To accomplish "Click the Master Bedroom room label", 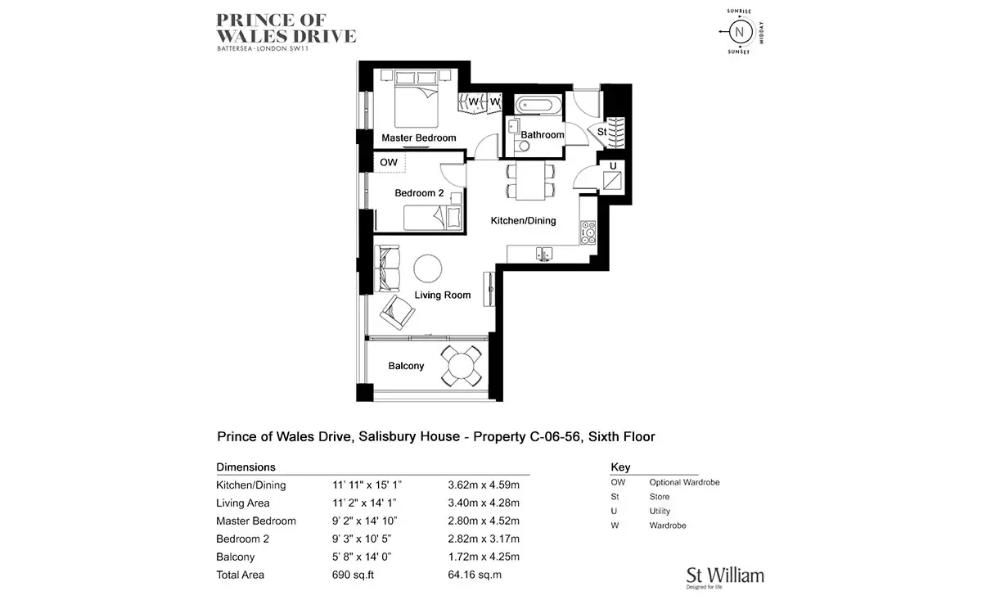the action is click(x=419, y=138).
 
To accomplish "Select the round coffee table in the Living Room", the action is click(x=427, y=268).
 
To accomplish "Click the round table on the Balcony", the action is click(x=461, y=365).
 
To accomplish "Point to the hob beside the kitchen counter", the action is click(x=588, y=232).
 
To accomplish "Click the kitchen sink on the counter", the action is click(x=543, y=254).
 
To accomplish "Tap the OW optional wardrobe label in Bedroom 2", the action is click(x=389, y=162).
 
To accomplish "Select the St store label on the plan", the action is click(x=602, y=131).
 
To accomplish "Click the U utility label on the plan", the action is click(x=613, y=166).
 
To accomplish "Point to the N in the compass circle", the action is click(x=740, y=32).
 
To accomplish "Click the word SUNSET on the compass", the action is click(x=739, y=52).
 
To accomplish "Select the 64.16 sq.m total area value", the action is click(x=475, y=575).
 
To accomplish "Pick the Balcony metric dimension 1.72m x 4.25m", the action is click(x=484, y=557).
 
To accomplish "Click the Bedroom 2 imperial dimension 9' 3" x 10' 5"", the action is click(x=362, y=539).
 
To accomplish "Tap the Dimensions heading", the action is click(x=246, y=467).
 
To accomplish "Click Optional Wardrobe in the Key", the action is click(x=684, y=482).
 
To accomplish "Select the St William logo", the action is click(x=725, y=578).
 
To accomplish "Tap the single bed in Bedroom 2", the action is click(x=433, y=218).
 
